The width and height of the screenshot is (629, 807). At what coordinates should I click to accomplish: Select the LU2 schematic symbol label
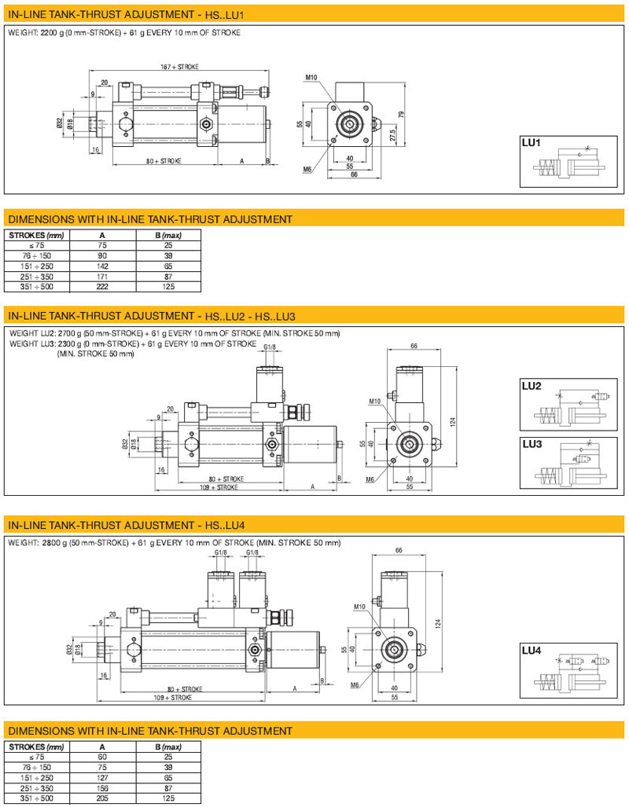coord(532,387)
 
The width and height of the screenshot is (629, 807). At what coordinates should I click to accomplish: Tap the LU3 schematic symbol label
coord(532,444)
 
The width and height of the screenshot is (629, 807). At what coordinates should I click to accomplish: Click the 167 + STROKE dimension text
coord(179,68)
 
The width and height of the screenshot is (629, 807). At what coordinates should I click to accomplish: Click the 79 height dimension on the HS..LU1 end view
coord(402,115)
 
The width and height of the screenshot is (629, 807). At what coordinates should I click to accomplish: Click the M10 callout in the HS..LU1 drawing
coord(311,78)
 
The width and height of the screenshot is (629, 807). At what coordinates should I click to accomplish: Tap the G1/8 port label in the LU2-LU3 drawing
coord(270,347)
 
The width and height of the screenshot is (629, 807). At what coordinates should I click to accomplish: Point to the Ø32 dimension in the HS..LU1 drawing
coord(60,123)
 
